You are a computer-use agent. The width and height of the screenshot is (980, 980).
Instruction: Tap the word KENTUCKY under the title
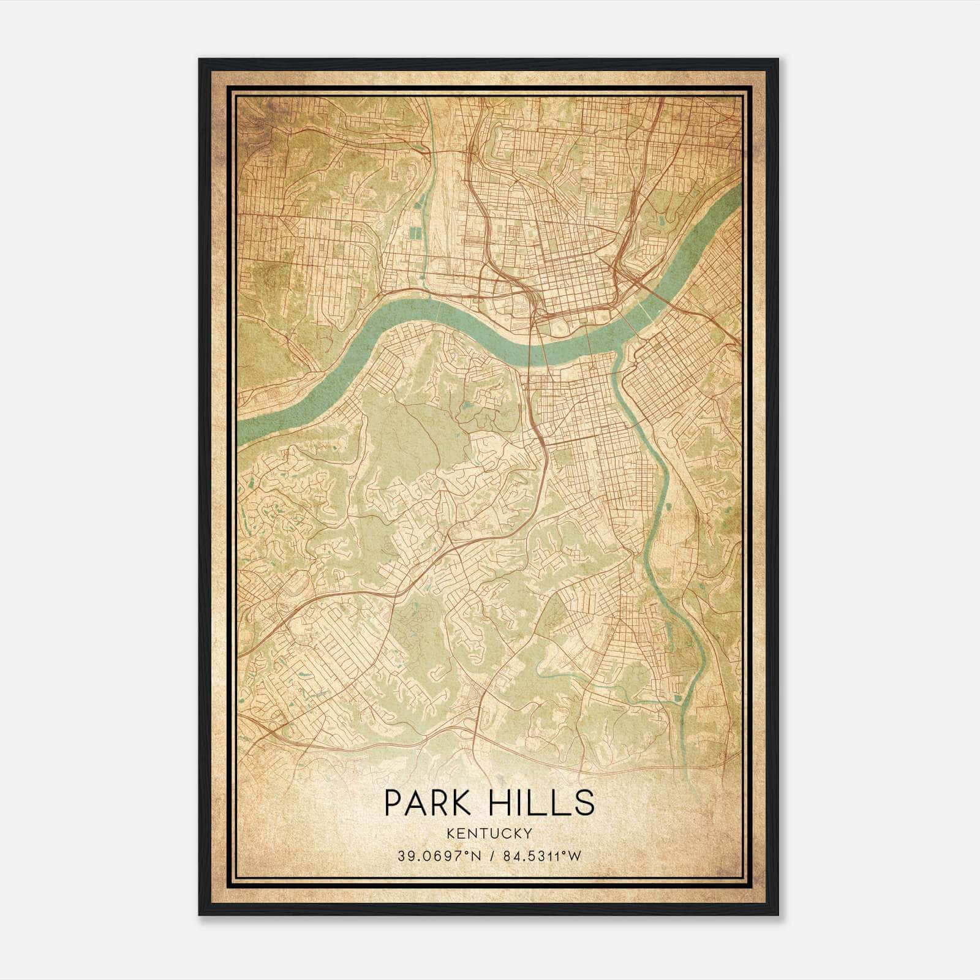[489, 834]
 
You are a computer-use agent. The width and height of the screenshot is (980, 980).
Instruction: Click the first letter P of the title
[392, 802]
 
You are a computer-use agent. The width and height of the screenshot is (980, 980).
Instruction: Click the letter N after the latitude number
[470, 856]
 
